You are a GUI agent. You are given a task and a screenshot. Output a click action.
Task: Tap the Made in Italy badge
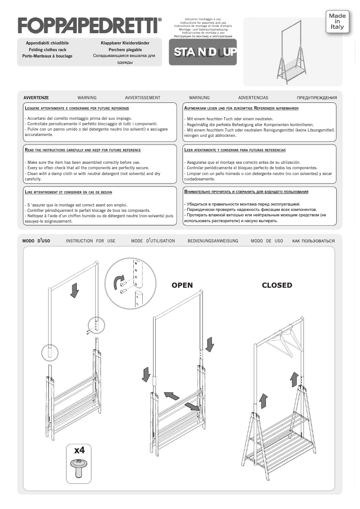337,22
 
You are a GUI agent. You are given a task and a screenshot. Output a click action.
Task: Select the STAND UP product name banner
203,52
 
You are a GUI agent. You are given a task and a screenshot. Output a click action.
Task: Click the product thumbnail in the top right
292,52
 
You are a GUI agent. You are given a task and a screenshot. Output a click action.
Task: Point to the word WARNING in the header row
87,97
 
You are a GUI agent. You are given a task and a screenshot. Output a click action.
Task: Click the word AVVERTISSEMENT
142,97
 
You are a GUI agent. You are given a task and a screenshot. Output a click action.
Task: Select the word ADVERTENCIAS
253,97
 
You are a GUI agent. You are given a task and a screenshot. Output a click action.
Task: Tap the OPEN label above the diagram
182,285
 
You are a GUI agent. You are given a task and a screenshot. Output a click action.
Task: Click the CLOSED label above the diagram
277,285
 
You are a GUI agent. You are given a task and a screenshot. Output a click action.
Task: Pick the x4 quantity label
79,450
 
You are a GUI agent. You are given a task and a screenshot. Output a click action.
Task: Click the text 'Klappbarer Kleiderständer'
125,43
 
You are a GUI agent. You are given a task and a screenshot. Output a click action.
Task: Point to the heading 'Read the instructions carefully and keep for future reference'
83,150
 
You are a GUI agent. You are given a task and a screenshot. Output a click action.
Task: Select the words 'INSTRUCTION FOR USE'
91,241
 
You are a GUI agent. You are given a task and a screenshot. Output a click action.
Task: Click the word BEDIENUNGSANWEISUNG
213,241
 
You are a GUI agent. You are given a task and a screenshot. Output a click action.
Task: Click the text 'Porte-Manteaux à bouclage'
47,56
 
